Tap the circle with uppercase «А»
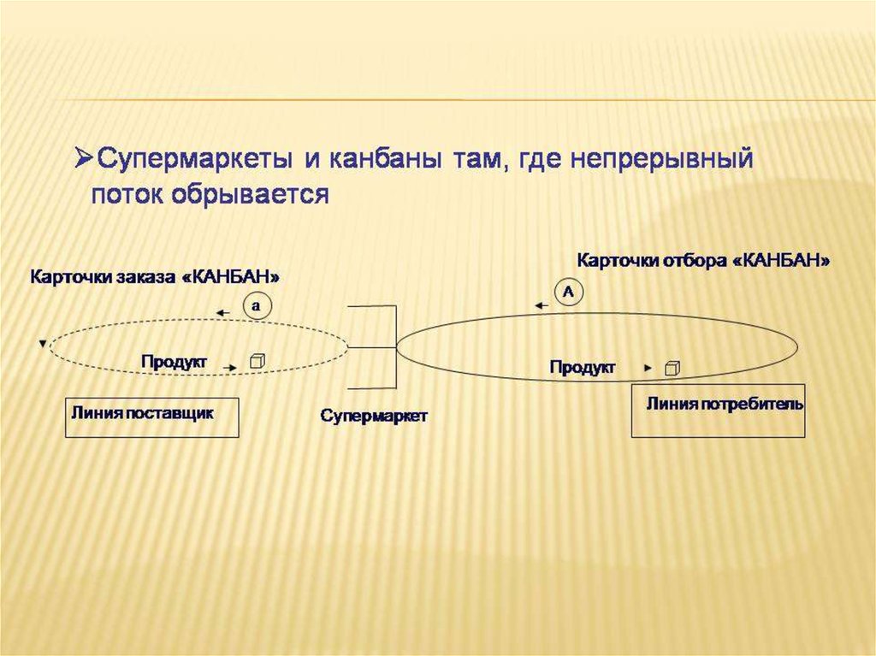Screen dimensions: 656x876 (x=570, y=292)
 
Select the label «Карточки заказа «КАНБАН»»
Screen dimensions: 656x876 (x=156, y=277)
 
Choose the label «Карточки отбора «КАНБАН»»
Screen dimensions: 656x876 (x=704, y=260)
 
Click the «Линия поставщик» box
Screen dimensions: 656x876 (x=152, y=417)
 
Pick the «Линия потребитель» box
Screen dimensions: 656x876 (x=718, y=411)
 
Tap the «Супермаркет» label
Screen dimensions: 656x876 (x=374, y=415)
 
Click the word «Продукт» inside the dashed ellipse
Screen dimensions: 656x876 (x=175, y=362)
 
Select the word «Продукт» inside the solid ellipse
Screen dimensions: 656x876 (x=583, y=367)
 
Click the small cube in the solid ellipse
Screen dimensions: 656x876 (x=673, y=368)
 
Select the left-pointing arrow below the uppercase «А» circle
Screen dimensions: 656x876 (x=540, y=304)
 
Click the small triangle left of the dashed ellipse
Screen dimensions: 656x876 (x=42, y=344)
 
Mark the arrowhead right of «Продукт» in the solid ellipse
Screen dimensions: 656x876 (x=648, y=368)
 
